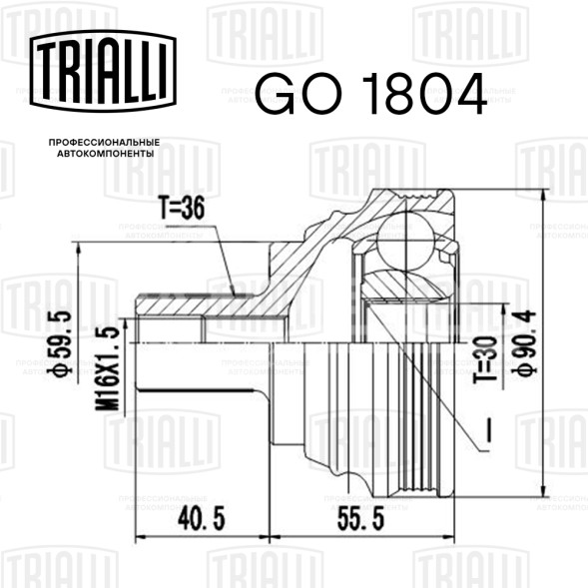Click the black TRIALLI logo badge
click(103, 71)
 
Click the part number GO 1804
click(371, 94)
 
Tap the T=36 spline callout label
click(182, 208)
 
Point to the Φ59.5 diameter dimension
click(60, 342)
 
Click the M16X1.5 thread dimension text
click(107, 368)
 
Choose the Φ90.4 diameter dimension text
click(525, 342)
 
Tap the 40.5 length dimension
click(202, 519)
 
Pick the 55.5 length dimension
click(360, 519)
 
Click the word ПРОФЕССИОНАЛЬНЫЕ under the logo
click(104, 143)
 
